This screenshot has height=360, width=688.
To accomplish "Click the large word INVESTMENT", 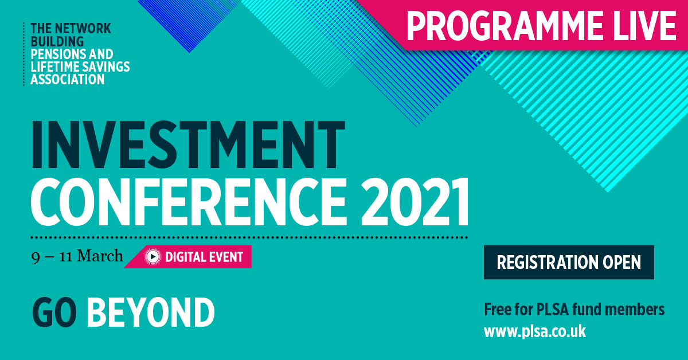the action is point(188,144).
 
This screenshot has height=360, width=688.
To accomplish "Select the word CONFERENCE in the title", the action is point(189,202).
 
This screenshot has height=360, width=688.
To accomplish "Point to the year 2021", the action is point(415,202).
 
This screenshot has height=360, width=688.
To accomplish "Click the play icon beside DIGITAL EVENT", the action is point(153,256).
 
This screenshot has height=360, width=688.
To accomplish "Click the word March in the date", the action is point(100,256).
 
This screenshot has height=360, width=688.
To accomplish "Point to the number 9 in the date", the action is point(36,258).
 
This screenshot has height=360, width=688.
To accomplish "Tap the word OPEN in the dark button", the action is point(621,262).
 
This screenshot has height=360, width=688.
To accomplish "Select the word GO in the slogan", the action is point(54,312).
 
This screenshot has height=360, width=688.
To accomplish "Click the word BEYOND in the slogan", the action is point(150,312).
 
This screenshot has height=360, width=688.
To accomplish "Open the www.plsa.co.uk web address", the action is point(535,332).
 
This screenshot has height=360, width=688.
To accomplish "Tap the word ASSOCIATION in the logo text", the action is point(68,80).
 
